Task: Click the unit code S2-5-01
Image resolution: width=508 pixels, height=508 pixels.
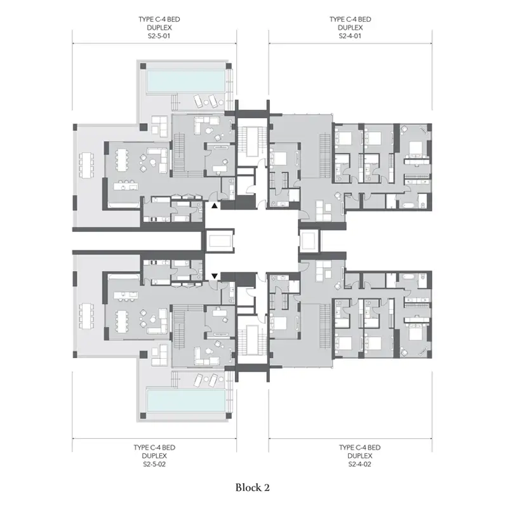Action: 159,36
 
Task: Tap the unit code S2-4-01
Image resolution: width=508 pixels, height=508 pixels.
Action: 350,36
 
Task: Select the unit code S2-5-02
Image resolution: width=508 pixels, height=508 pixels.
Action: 154,464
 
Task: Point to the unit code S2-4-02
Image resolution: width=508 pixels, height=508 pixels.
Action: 359,464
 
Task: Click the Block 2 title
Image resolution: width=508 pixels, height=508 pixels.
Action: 252,487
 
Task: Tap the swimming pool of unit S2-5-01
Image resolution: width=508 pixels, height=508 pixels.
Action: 186,81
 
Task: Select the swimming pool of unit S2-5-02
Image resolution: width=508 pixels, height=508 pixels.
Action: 186,401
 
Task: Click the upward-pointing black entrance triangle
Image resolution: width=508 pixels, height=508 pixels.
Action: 215,205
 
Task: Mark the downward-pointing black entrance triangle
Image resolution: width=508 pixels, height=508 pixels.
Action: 215,276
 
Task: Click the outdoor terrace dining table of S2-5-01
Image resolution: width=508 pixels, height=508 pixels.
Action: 86,165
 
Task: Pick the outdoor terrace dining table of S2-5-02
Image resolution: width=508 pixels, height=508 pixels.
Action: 86,316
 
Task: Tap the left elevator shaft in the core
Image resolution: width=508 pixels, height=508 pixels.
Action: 220,241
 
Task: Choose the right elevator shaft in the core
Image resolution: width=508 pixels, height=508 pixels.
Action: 309,241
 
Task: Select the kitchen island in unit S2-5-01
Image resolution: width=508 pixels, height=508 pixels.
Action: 126,187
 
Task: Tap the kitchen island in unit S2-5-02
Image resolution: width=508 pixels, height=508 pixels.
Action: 126,295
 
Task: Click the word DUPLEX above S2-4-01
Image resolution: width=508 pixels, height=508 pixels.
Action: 351,27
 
